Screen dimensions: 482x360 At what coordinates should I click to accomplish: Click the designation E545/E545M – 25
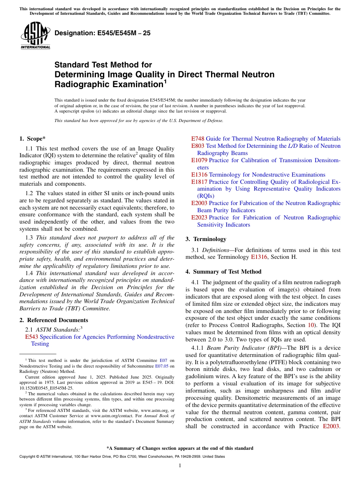102,33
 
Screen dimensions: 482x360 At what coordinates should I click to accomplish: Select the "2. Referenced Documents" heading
53,320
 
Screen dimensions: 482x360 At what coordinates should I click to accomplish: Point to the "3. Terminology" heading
206,239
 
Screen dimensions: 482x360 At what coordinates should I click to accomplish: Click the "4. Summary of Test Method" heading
223,272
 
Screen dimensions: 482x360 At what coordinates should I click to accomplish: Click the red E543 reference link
31,337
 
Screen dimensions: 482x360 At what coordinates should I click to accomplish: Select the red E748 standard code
198,139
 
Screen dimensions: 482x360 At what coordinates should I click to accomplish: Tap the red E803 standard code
198,146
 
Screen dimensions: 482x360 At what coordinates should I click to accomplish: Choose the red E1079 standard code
199,160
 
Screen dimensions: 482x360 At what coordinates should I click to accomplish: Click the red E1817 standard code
199,182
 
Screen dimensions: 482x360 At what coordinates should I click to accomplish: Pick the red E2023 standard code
199,218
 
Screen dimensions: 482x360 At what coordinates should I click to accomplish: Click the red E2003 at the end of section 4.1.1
331,426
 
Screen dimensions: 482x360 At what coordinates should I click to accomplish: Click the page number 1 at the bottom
180,465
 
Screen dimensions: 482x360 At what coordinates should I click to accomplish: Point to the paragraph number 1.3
29,238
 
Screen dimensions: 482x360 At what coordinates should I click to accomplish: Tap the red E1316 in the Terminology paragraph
259,257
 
